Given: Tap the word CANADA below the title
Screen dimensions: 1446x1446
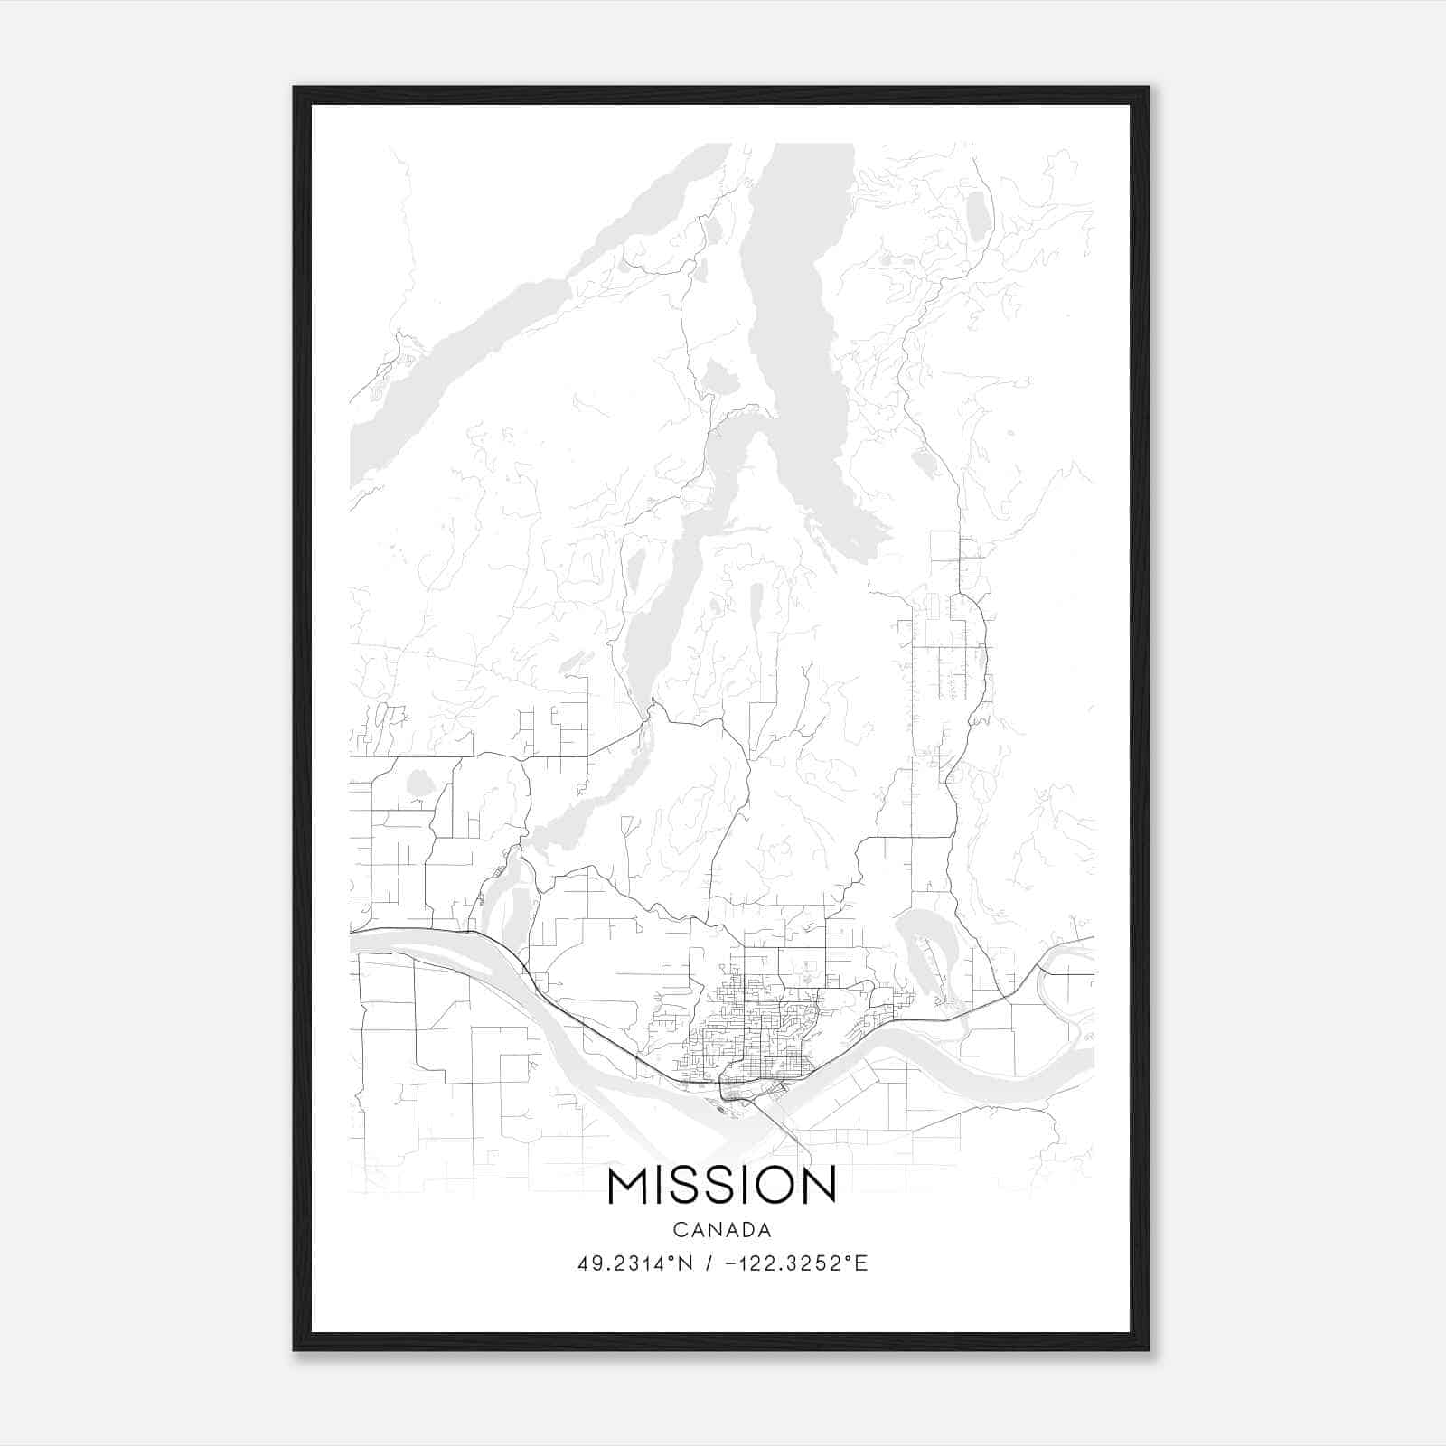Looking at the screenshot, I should click(722, 1230).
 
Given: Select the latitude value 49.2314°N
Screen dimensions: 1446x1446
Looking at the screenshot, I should click(634, 1263).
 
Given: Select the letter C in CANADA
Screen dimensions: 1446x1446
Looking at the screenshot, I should click(679, 1230).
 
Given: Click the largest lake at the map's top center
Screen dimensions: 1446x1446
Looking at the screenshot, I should click(795, 298).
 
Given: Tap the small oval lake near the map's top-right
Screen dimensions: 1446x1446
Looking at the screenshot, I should click(977, 213).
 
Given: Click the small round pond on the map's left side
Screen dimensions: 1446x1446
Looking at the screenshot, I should click(418, 783).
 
